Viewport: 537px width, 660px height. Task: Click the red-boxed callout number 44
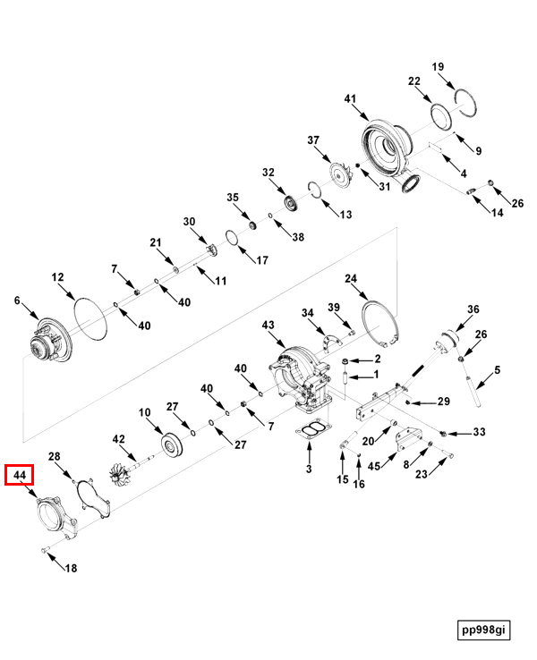point(21,474)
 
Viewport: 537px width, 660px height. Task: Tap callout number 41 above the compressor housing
point(350,98)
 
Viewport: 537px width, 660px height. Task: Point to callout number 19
point(439,67)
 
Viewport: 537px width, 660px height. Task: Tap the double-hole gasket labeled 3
point(310,433)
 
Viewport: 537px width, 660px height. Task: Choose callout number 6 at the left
point(16,301)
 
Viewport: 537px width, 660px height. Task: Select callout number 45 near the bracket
point(375,464)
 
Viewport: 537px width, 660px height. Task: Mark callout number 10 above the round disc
point(144,412)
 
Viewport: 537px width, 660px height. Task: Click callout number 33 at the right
point(479,432)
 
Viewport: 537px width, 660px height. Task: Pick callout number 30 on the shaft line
point(189,222)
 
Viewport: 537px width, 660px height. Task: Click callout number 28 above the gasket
point(55,457)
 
